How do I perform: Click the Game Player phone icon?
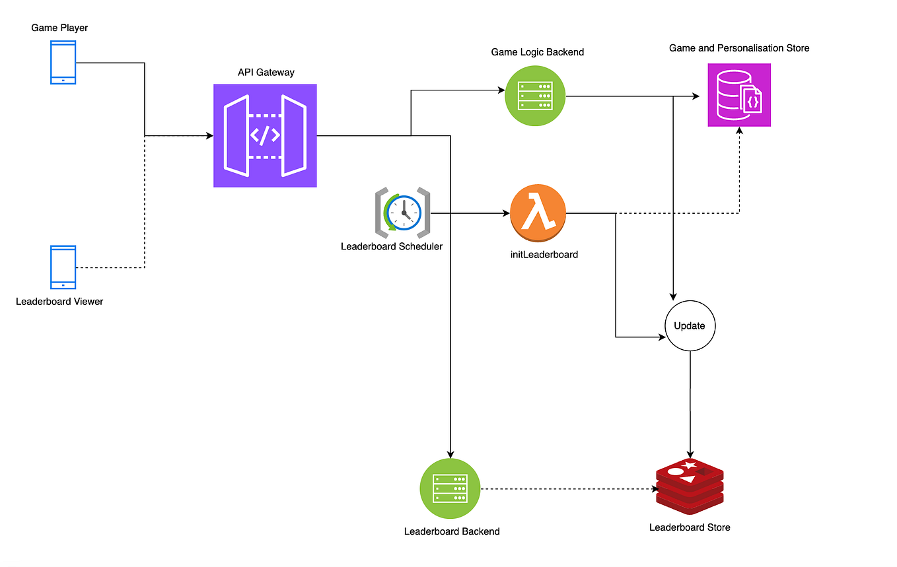63,62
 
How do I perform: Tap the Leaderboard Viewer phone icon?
63,267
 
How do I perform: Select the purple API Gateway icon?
265,135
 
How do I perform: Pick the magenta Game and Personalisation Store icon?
738,95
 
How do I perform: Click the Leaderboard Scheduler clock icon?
403,213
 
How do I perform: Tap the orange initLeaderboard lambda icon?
538,213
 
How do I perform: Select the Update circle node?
690,325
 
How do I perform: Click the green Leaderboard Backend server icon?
450,488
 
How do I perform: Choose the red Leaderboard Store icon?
690,487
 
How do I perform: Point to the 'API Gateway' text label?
266,71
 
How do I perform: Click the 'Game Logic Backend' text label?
537,51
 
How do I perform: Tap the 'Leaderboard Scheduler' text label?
392,246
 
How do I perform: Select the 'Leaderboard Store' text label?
690,527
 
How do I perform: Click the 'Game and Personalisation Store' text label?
738,48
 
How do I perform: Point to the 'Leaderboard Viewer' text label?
59,302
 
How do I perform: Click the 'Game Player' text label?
59,28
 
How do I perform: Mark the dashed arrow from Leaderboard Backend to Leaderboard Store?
568,488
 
